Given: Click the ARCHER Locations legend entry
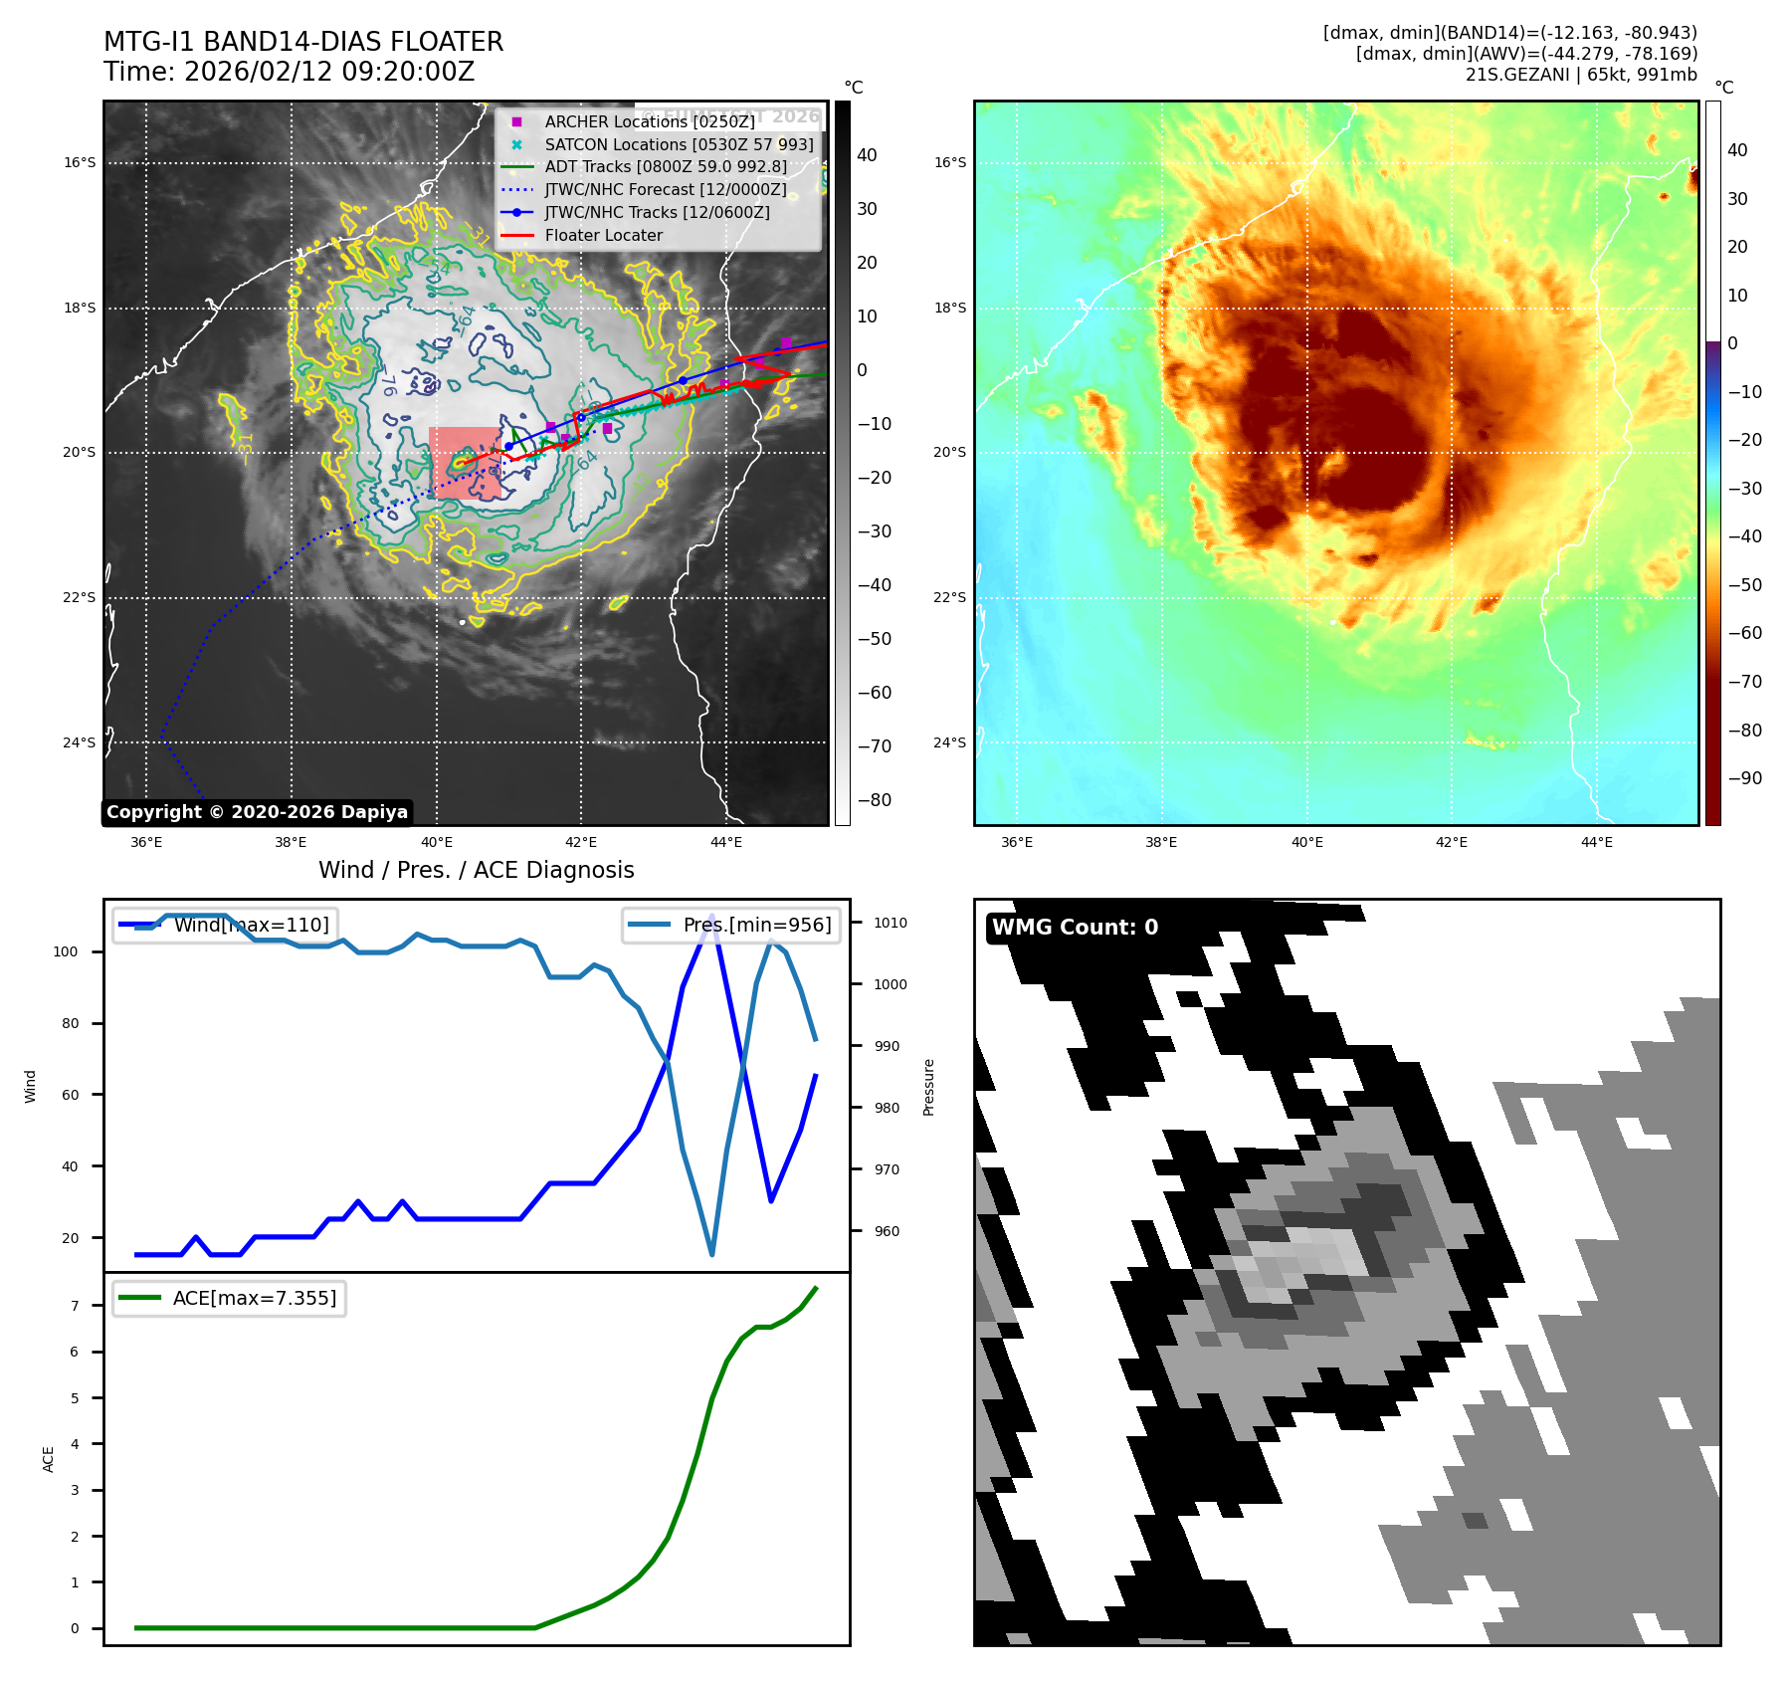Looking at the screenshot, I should pos(649,121).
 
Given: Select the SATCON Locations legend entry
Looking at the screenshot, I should pos(678,144).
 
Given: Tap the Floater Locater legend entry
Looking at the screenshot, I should pos(603,235).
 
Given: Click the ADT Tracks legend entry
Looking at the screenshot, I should pos(665,167).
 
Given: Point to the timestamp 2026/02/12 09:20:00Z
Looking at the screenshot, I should pos(328,73).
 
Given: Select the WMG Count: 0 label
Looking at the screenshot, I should pos(1075,928).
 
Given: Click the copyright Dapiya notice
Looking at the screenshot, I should pos(257,812).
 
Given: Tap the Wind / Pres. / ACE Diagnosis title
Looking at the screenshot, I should pos(476,871).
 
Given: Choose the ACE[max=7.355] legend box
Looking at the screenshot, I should pos(230,1298).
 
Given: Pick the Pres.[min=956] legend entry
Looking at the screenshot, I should pos(731,925).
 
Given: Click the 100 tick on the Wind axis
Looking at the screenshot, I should pos(66,951).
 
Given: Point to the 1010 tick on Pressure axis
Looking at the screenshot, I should pos(890,923).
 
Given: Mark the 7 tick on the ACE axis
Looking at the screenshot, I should pos(75,1306).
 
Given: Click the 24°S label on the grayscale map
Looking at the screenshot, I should pos(80,742).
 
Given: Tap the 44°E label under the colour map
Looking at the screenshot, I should pos(1596,842).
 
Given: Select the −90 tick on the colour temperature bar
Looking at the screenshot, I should pos(1744,778).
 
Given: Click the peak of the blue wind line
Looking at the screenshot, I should pos(711,915).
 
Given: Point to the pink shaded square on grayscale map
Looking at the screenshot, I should pos(466,463).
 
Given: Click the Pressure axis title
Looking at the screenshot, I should pos(928,1087).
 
